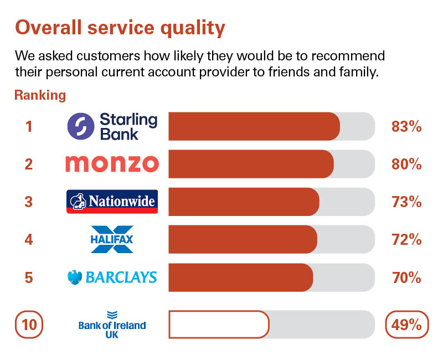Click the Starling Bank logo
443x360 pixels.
[112, 126]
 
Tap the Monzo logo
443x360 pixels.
[112, 164]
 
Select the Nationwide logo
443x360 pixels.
[112, 202]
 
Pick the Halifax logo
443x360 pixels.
[112, 239]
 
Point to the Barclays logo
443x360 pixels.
[112, 277]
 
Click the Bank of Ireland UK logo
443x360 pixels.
[112, 325]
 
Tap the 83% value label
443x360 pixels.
[406, 126]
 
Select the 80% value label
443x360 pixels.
[406, 164]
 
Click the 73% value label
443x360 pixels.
[406, 202]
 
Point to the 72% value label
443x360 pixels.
[406, 240]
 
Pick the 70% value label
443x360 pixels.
[406, 277]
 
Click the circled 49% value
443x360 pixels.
[407, 325]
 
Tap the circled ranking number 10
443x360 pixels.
[29, 325]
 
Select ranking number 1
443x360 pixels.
[29, 126]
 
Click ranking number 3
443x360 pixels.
[29, 202]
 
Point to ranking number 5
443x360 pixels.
[29, 277]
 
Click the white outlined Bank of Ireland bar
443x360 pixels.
[219, 325]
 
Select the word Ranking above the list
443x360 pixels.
[40, 95]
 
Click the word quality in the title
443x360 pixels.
[193, 28]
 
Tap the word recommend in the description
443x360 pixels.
[348, 56]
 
